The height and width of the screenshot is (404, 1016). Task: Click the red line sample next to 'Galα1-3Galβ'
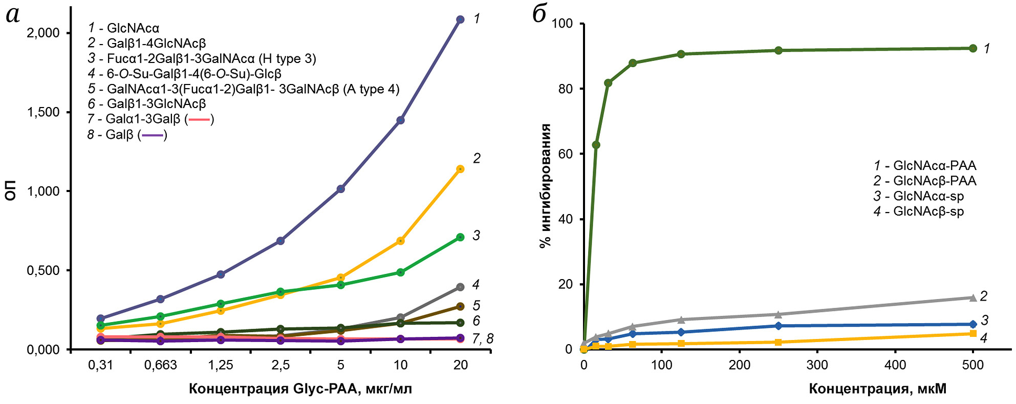pyautogui.click(x=199, y=120)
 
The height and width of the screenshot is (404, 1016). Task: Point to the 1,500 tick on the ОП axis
pyautogui.click(x=43, y=112)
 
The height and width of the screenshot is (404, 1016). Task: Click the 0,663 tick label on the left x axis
pyautogui.click(x=161, y=365)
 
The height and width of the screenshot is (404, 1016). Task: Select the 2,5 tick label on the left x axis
pyautogui.click(x=280, y=365)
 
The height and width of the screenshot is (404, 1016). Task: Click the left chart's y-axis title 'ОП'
pyautogui.click(x=11, y=190)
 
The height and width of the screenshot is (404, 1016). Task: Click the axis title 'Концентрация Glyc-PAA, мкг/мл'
pyautogui.click(x=300, y=389)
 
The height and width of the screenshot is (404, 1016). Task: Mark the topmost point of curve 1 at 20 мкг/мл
pyautogui.click(x=460, y=19)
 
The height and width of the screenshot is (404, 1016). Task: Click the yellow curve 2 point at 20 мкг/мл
pyautogui.click(x=460, y=169)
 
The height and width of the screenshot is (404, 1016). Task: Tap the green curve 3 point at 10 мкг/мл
pyautogui.click(x=401, y=272)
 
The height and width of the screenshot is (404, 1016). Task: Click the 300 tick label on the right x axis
pyautogui.click(x=817, y=365)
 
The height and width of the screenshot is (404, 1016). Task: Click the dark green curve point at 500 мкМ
pyautogui.click(x=973, y=48)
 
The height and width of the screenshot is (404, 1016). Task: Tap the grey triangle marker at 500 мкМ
pyautogui.click(x=973, y=297)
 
